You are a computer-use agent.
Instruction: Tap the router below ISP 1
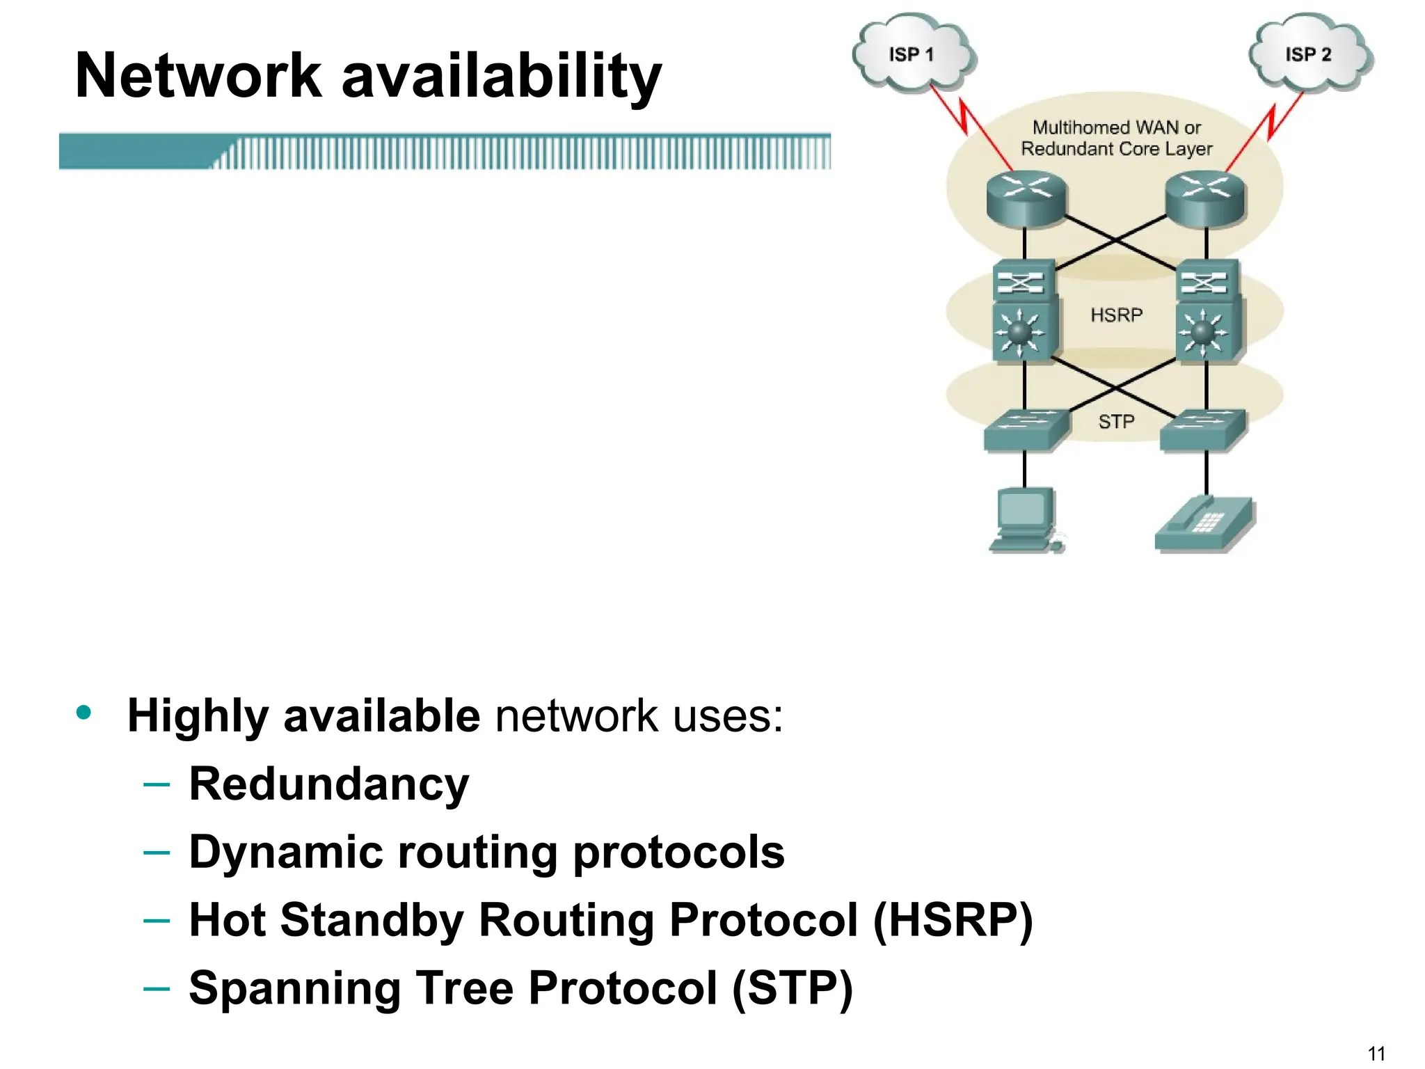point(1026,198)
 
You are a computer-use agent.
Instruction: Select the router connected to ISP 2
point(1206,198)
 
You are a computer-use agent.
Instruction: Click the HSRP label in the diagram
point(1116,315)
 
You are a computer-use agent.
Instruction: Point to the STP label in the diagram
point(1116,422)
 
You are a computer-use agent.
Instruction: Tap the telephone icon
point(1205,525)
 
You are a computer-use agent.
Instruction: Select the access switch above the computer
point(1026,429)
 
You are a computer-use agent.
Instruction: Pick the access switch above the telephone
point(1204,429)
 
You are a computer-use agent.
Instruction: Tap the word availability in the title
point(501,77)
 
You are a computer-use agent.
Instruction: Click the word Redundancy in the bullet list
point(329,784)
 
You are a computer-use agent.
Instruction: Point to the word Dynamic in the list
point(286,853)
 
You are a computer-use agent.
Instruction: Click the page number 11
point(1376,1053)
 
